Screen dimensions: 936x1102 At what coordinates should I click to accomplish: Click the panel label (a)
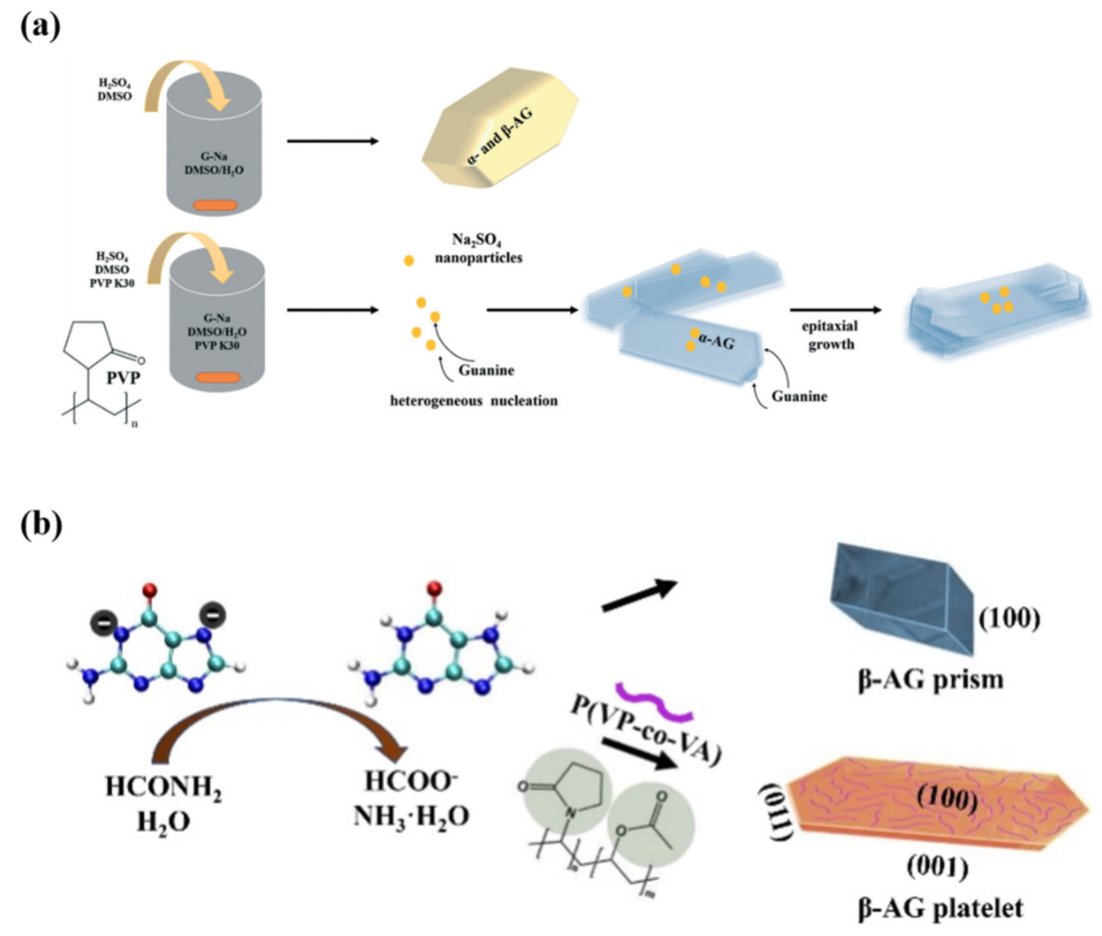(x=40, y=27)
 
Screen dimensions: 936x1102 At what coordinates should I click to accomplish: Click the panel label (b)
(x=41, y=524)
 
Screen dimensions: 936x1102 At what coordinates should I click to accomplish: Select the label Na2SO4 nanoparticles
(x=478, y=248)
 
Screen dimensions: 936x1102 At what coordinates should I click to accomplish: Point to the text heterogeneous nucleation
(x=474, y=401)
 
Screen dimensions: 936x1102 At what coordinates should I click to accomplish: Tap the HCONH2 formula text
(x=163, y=786)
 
